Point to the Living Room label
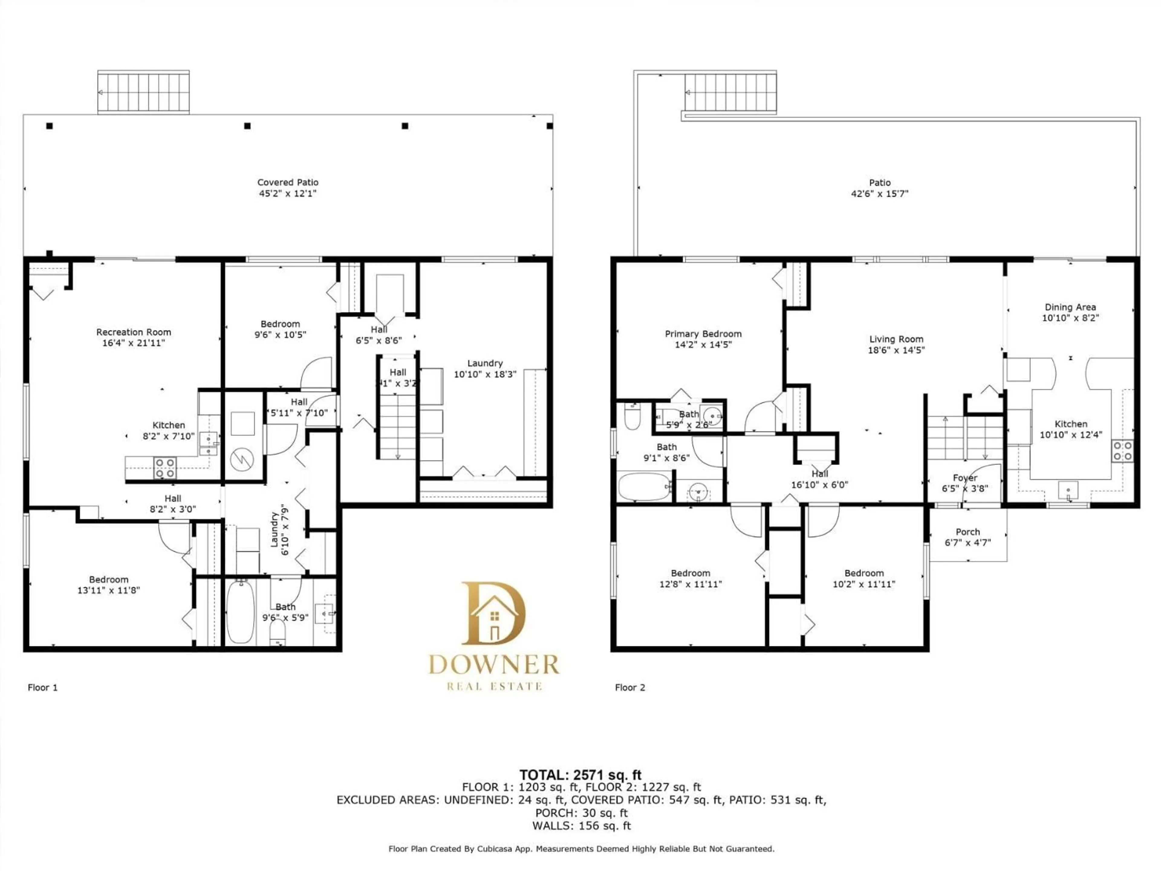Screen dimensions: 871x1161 coord(896,339)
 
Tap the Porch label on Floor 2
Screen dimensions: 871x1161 coord(967,532)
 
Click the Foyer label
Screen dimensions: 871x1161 coord(965,478)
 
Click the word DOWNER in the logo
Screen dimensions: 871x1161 coord(493,665)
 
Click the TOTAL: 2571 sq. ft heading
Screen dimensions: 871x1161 coord(580,775)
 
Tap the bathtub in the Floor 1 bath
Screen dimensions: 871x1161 coord(240,612)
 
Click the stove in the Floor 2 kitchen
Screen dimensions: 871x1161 coord(1122,451)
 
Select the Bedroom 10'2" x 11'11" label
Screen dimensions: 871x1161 coord(863,579)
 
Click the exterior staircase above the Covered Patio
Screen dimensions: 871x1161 coord(143,92)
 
